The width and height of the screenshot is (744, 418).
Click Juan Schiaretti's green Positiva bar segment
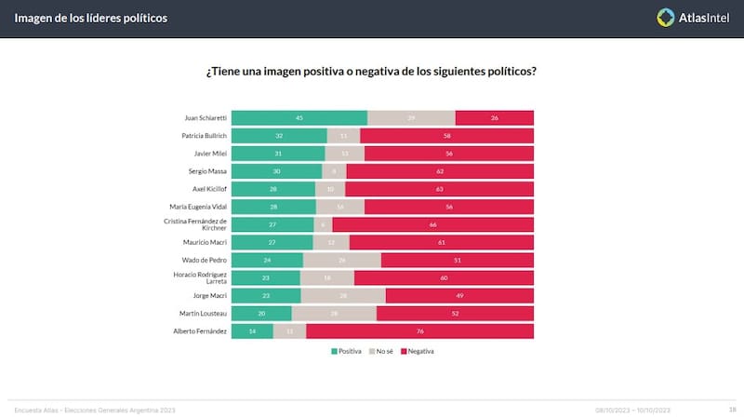(x=299, y=117)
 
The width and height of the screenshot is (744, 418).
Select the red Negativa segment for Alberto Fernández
(x=419, y=331)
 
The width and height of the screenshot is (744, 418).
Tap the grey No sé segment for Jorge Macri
(x=342, y=296)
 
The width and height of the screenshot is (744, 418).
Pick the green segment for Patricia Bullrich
(x=279, y=135)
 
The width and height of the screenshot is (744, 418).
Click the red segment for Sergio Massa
(x=440, y=171)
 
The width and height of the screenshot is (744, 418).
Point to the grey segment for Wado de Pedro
(x=342, y=260)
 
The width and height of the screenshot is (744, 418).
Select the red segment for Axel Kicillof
(x=439, y=189)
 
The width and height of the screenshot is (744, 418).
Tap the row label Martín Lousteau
(x=204, y=314)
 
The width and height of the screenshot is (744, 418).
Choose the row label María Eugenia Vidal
(x=196, y=207)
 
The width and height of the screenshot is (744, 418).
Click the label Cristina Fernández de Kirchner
(x=194, y=224)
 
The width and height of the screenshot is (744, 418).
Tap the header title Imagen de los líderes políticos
(x=91, y=18)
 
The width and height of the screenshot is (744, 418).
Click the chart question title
(x=371, y=72)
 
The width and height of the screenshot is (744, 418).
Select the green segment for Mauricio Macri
(x=272, y=242)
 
